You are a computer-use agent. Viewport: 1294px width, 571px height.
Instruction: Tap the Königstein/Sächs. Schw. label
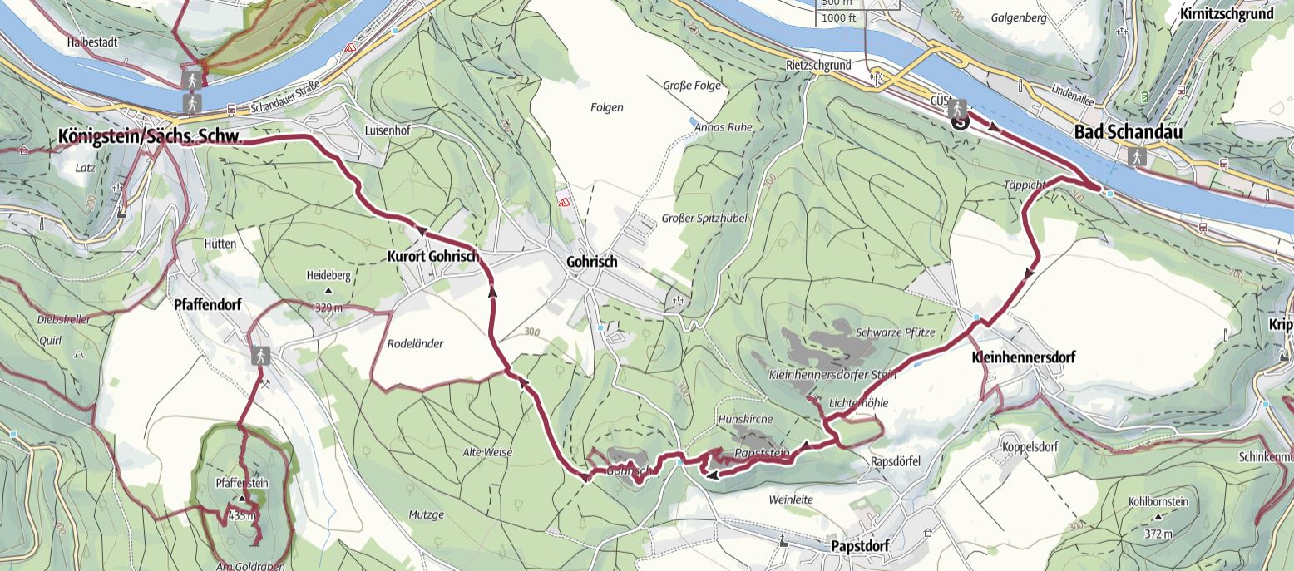point(150,137)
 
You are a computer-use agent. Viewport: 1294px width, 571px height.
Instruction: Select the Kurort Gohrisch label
point(433,258)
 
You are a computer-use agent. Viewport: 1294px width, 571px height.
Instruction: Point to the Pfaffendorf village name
point(208,305)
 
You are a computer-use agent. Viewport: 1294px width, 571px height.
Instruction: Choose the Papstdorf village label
point(860,546)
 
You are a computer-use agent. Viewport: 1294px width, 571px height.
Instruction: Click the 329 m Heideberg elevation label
point(328,308)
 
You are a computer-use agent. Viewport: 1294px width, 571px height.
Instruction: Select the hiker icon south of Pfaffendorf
point(261,356)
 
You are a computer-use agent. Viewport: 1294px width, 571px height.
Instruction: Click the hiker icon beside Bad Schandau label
point(1136,156)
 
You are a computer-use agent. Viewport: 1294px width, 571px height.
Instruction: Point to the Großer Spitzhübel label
point(704,219)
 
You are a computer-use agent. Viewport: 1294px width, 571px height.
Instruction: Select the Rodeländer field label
point(416,344)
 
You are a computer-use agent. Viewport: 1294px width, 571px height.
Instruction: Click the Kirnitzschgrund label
point(1237,14)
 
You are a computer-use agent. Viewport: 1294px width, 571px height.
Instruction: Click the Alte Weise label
point(487,452)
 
